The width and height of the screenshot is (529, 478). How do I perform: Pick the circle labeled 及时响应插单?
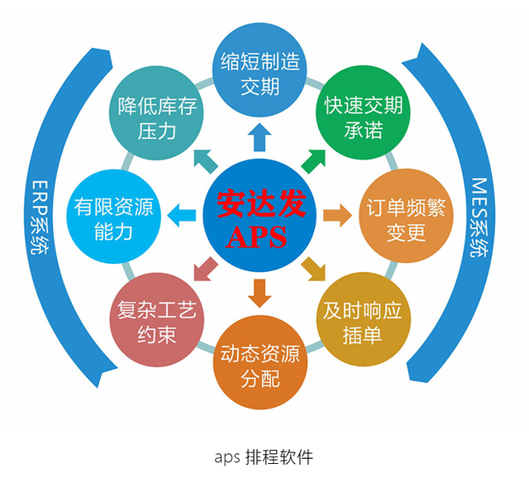point(363,322)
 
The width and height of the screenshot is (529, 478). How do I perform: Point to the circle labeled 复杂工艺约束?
point(157,322)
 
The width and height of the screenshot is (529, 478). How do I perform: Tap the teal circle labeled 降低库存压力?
point(158,117)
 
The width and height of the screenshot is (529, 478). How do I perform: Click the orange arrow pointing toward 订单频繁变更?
point(336,217)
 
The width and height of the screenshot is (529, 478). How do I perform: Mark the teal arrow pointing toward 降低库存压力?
point(203,159)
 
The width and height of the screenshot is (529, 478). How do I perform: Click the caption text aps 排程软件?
point(264,456)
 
